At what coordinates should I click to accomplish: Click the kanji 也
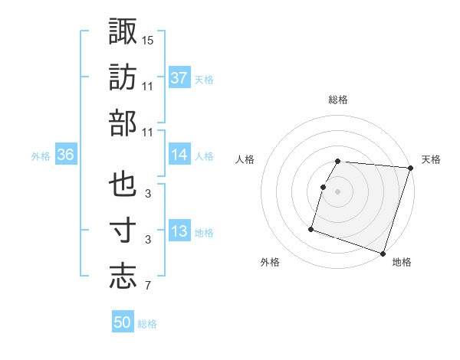coord(123,186)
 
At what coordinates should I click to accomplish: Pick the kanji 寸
coord(123,231)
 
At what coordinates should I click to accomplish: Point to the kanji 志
coord(123,277)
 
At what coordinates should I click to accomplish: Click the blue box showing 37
coord(179,77)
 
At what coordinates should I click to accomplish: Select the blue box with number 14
coord(179,155)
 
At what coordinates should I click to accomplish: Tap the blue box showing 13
coord(179,231)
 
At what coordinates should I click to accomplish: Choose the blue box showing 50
coord(123,322)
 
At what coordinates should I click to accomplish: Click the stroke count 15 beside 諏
coord(148,39)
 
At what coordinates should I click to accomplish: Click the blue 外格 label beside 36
coord(41,155)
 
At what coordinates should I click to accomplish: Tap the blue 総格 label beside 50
coord(147,324)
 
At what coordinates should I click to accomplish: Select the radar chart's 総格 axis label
coord(338,100)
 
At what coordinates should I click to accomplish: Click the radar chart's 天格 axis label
coord(431,159)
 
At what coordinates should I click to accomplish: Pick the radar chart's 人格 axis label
coord(245,159)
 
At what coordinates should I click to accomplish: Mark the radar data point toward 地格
coord(383,253)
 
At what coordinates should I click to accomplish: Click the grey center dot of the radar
coord(337,191)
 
